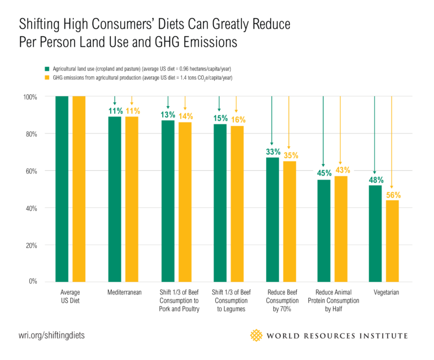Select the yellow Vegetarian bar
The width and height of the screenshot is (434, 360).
[392, 240]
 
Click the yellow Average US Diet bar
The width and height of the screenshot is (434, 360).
[79, 188]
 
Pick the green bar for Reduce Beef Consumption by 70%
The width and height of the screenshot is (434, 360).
[272, 219]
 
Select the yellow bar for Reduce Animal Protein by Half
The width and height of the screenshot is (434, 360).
[340, 228]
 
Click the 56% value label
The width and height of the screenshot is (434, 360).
[392, 195]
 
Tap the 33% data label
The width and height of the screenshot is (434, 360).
[272, 152]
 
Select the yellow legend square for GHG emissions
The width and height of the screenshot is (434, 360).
[48, 77]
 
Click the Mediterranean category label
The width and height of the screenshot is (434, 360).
[124, 293]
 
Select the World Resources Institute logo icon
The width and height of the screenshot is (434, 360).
[257, 335]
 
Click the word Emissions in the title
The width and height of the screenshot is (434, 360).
[206, 42]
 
